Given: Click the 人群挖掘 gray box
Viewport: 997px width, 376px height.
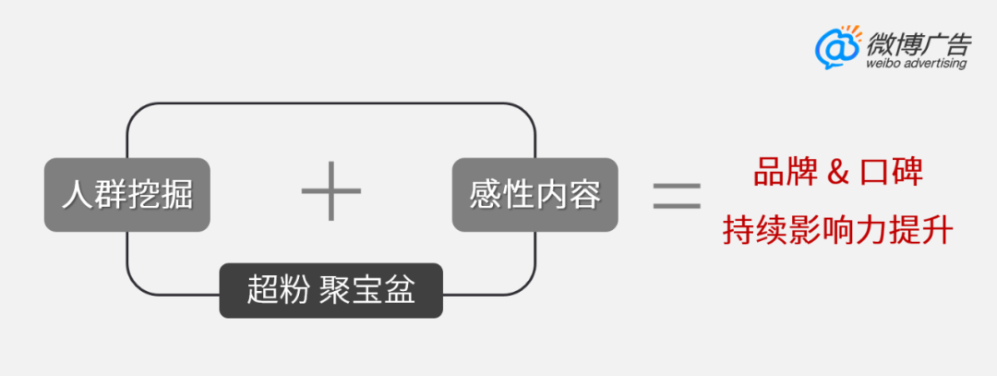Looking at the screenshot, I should click(127, 195).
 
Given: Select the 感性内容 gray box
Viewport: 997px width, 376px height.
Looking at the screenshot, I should click(535, 195).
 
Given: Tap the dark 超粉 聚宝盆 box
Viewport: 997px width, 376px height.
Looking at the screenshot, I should click(331, 291).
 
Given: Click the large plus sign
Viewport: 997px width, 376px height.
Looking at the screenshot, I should click(330, 190).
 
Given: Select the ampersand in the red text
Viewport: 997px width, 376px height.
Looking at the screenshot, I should click(837, 174).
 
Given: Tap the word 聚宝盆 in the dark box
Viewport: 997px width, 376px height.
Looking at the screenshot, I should click(366, 292).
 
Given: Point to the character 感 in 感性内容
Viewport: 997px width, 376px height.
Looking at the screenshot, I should click(485, 195).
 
